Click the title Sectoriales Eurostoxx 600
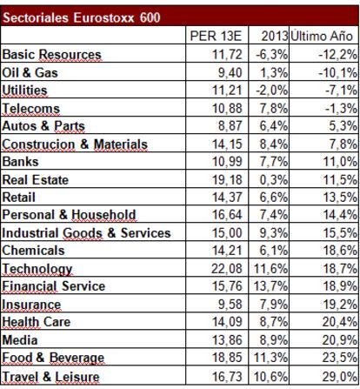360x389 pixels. pos(82,17)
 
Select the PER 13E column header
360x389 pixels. pos(216,37)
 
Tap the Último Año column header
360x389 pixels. pos(322,36)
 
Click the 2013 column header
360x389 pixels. pos(275,37)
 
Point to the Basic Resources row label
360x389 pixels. pos(51,54)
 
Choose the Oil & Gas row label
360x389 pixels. pos(30,72)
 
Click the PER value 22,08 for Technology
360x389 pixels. pos(227,268)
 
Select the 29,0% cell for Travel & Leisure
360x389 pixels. pos(339,377)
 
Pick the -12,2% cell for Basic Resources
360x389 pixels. pos(337,54)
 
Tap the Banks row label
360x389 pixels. pos(20,162)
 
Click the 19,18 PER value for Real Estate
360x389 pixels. pos(227,179)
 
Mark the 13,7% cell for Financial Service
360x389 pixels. pos(271,286)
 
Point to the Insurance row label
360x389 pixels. pos(31,305)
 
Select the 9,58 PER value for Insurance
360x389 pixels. pos(230,305)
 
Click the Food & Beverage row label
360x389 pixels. pos(53,358)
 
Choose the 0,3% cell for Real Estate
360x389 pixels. pos(274,179)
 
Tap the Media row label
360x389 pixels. pos(20,340)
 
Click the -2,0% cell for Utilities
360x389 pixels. pos(271,91)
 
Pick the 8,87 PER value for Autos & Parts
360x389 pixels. pos(230,126)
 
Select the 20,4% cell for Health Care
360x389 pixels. pos(339,322)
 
